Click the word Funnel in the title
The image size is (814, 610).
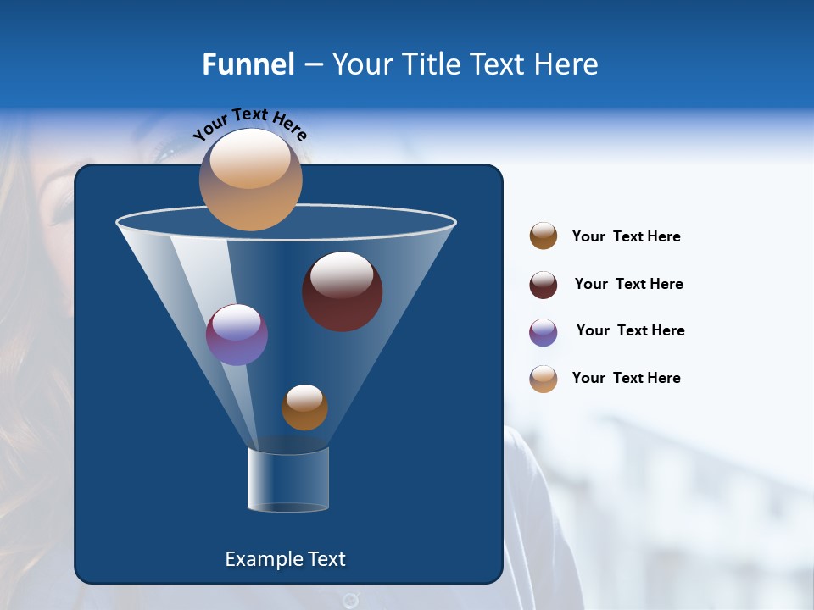coord(248,64)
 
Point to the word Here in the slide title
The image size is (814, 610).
coord(560,64)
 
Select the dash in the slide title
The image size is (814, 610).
coord(313,65)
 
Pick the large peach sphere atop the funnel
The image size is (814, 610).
coord(250,180)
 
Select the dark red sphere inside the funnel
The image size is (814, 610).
coord(342,291)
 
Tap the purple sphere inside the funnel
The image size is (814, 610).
coord(237,335)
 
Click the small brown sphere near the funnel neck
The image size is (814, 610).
coord(304,408)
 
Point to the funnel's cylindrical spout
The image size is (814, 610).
coord(288,480)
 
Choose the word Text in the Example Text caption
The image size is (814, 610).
coord(326,559)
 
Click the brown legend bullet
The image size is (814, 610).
coord(544,236)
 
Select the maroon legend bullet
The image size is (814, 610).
coord(544,285)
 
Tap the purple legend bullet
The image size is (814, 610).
coord(544,332)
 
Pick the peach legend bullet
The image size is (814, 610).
coord(544,379)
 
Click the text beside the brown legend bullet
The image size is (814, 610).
coord(626,236)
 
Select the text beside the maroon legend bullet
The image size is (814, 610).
coord(628,284)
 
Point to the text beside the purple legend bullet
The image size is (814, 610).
coord(630,330)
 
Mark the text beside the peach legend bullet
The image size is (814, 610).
coord(626,378)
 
